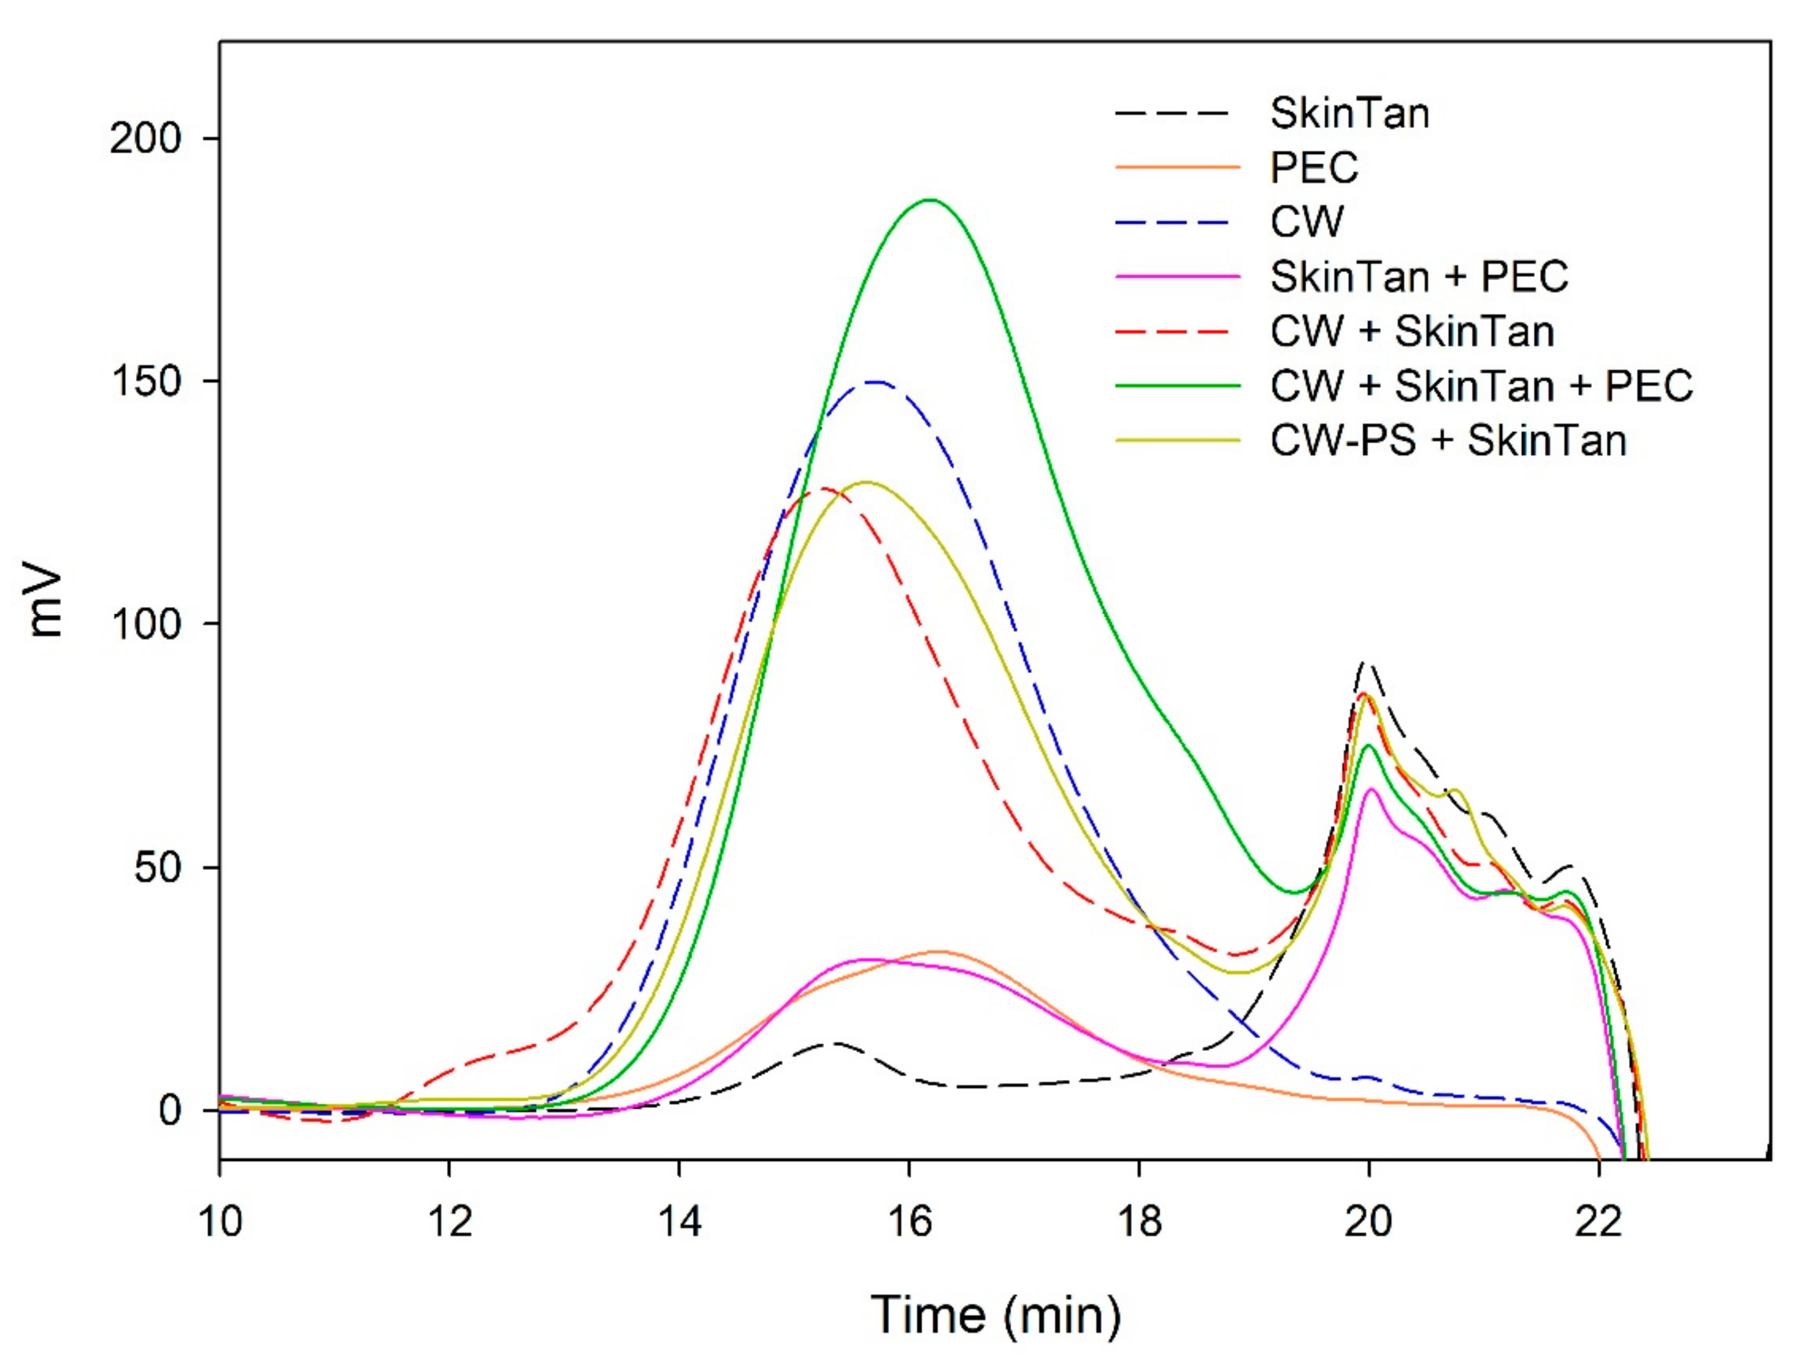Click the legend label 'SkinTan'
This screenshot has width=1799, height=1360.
(x=1349, y=113)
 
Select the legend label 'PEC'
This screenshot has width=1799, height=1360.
(x=1314, y=167)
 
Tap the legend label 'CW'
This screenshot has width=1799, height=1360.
(x=1307, y=221)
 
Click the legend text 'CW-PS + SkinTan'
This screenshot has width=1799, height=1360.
(x=1448, y=441)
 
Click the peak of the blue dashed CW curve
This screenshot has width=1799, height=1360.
(x=875, y=381)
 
